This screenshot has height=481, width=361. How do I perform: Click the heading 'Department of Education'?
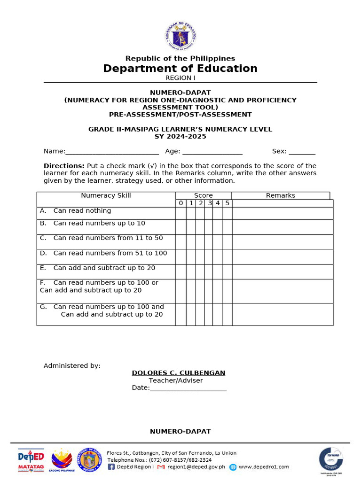click(180, 69)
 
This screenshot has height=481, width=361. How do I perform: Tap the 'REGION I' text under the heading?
click(180, 78)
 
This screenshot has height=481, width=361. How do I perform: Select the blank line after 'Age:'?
click(212, 152)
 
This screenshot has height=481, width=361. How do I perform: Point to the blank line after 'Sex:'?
click(302, 152)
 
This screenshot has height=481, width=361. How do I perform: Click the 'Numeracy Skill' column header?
click(106, 195)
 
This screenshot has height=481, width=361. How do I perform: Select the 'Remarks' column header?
click(281, 195)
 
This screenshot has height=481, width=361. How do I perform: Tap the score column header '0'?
click(181, 203)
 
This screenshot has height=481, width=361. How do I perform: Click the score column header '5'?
click(227, 203)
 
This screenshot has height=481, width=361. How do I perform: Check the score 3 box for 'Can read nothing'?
click(209, 213)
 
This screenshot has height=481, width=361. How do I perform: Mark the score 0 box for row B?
click(181, 227)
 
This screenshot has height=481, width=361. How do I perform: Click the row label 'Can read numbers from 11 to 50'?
click(108, 238)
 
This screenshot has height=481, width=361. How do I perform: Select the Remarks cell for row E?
click(283, 272)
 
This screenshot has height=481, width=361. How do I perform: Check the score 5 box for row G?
click(227, 314)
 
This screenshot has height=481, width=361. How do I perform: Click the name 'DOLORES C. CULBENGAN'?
click(179, 373)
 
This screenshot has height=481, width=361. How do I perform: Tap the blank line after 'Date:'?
click(188, 388)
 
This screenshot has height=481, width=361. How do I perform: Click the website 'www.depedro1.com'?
click(264, 467)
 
